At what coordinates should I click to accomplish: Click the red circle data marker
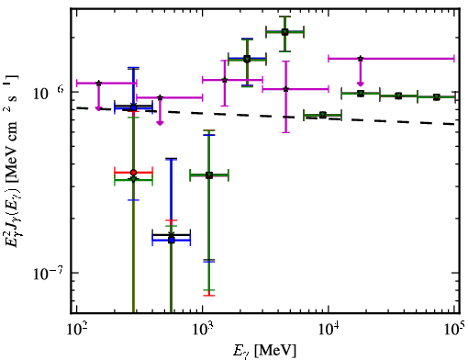tap(133, 173)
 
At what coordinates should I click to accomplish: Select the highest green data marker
tap(284, 32)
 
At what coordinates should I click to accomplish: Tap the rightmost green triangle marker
tap(437, 97)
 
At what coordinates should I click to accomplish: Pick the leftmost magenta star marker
tap(99, 83)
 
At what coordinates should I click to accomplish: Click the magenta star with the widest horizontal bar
tap(361, 59)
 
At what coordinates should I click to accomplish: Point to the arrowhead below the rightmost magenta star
tap(361, 84)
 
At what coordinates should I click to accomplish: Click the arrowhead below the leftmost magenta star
tap(98, 108)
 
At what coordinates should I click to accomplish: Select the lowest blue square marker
tap(172, 241)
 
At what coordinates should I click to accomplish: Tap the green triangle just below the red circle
tap(133, 179)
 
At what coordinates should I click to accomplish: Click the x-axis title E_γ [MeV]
tap(264, 351)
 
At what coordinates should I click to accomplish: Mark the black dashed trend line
tap(265, 116)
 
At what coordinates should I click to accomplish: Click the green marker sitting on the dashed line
tap(322, 115)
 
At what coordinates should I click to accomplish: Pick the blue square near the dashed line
tap(133, 107)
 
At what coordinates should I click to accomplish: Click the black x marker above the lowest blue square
tap(172, 235)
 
